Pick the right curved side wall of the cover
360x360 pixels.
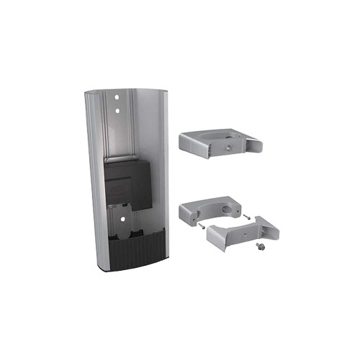click(163, 166)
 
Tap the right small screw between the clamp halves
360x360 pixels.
click(246, 214)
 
